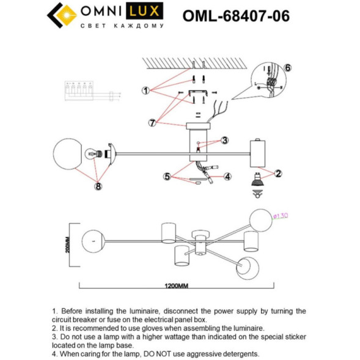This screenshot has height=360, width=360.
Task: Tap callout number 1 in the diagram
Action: pos(145,90)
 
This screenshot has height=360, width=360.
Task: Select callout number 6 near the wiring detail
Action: pos(288,68)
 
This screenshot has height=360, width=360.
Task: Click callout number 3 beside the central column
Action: pos(224,140)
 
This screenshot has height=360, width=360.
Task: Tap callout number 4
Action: pos(227,177)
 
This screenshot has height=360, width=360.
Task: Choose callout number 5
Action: pos(166,177)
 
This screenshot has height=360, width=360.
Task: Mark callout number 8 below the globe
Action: pos(97,186)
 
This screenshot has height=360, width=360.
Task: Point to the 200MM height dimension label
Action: pos(68,244)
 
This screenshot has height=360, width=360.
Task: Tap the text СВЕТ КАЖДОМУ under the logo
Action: pos(122,26)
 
